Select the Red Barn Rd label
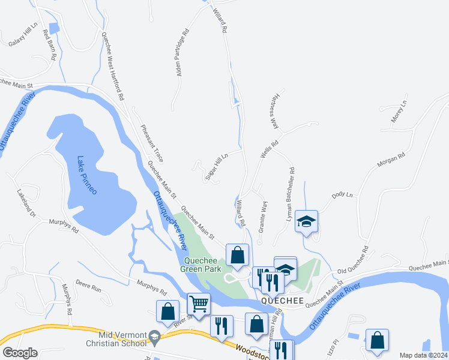[x=49, y=44]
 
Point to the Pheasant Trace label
[x=152, y=142]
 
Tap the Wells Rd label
[x=270, y=149]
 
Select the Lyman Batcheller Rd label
[x=292, y=196]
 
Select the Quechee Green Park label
[x=204, y=265]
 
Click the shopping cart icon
[x=198, y=303]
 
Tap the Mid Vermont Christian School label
[x=116, y=339]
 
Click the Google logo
[x=20, y=353]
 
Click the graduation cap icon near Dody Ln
[x=306, y=221]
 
